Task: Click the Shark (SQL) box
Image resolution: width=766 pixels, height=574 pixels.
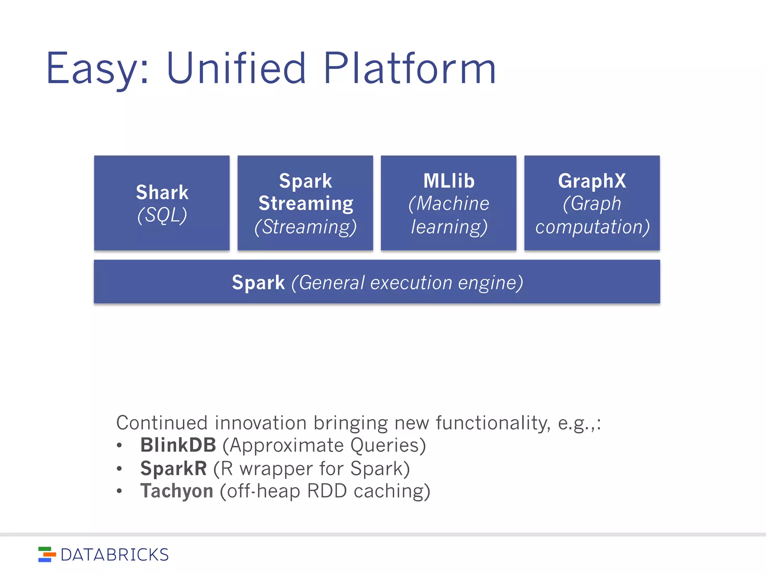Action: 162,203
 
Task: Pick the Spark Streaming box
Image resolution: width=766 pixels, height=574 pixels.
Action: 305,203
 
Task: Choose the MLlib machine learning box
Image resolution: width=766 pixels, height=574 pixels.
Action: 448,203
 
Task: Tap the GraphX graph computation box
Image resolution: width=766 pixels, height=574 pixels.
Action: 592,203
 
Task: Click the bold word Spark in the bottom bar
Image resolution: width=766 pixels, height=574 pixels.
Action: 258,282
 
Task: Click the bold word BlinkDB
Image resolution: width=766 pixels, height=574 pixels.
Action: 178,445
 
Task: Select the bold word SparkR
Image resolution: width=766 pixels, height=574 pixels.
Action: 173,468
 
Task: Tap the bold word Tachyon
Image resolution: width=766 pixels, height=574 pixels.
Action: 177,491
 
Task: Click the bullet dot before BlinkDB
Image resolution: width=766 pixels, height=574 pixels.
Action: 119,445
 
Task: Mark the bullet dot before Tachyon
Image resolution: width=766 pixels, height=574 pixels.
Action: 119,491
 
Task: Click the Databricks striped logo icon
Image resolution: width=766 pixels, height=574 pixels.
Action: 47,555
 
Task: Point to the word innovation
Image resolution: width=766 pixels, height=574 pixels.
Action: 264,423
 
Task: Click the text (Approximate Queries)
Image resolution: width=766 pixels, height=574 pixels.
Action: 324,445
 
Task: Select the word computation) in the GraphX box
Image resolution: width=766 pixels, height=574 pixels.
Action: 592,226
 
